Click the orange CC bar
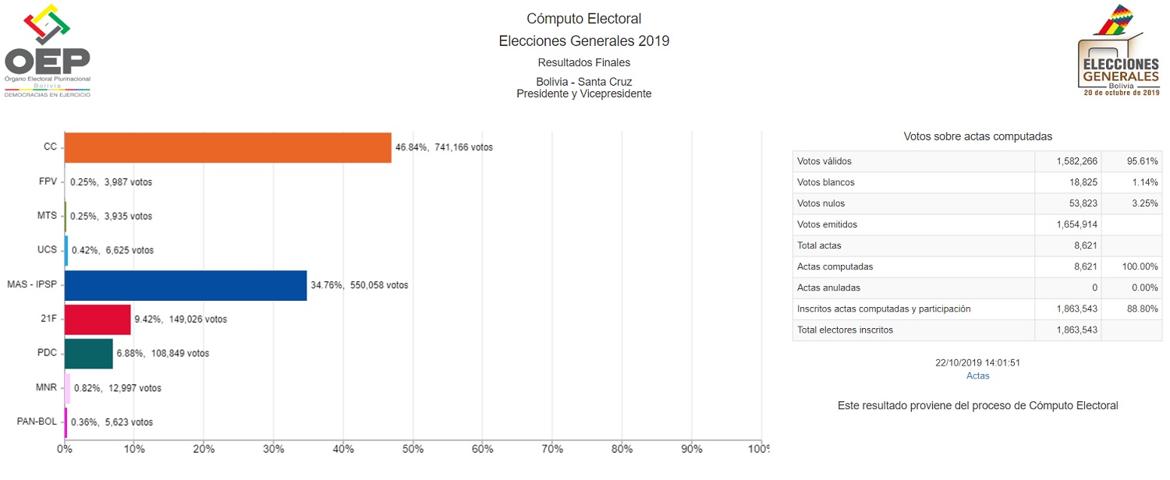(x=227, y=147)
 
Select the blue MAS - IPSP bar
(x=186, y=285)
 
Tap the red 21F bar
(x=97, y=319)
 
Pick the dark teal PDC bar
(x=88, y=353)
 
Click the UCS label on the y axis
(x=47, y=250)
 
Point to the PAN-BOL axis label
(x=37, y=422)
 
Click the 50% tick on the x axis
(x=413, y=450)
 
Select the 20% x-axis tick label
(x=204, y=450)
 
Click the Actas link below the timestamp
(x=977, y=376)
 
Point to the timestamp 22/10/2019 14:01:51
(x=977, y=363)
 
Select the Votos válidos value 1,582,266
(x=1076, y=161)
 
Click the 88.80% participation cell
(x=1141, y=309)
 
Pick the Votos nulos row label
(x=821, y=203)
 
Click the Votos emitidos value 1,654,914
(x=1076, y=224)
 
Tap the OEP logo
(x=48, y=51)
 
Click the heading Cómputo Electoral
(x=583, y=19)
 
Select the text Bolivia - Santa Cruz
(x=583, y=82)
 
